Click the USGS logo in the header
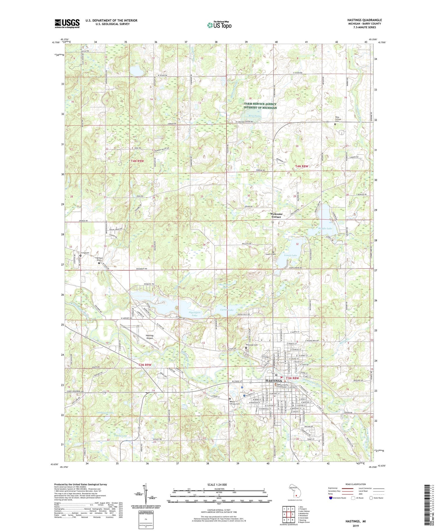[67, 23]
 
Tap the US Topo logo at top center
[219, 25]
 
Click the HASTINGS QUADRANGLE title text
[365, 20]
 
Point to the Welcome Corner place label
[276, 215]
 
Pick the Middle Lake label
[325, 228]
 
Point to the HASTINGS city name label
[273, 381]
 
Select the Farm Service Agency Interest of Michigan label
[260, 106]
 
